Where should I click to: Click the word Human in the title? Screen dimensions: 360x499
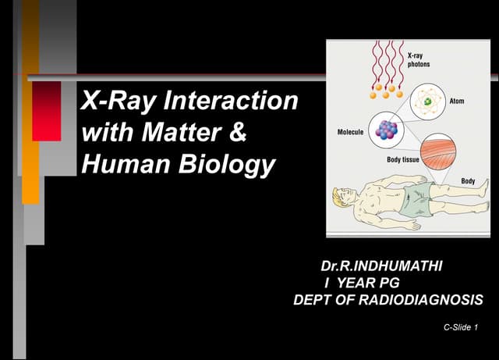pos(122,165)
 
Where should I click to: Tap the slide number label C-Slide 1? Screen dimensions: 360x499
pos(459,327)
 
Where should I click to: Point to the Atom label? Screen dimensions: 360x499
pos(458,102)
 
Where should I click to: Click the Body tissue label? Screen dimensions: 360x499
pos(405,159)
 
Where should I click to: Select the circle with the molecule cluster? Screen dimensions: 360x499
pos(382,130)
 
